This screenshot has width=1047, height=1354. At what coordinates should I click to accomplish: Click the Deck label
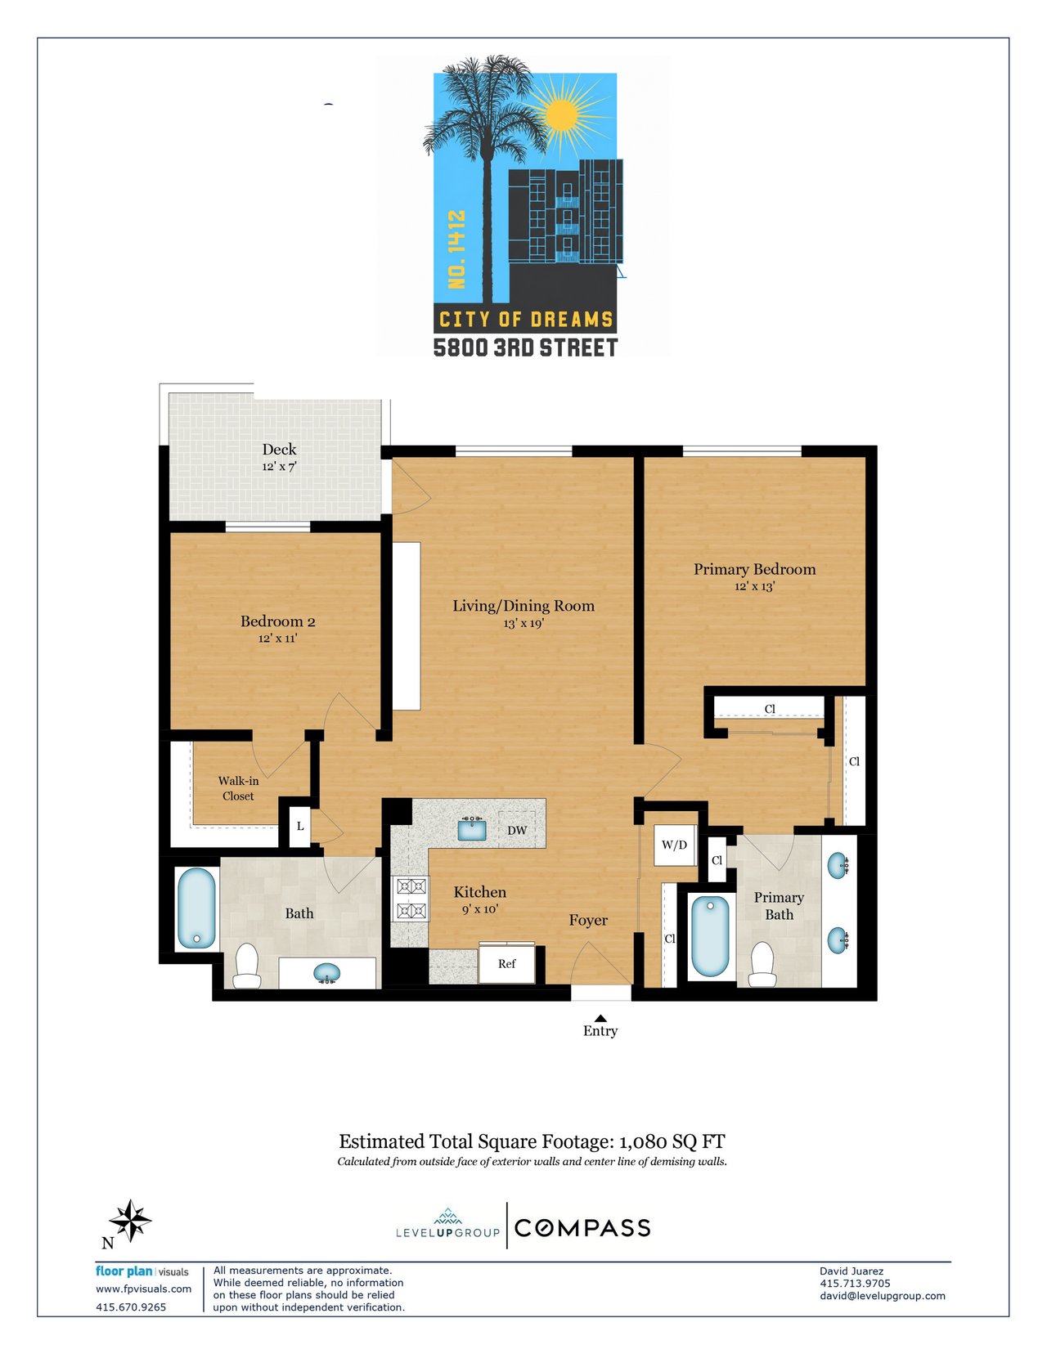pos(279,449)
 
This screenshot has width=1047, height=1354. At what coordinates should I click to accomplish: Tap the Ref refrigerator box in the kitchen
pos(506,964)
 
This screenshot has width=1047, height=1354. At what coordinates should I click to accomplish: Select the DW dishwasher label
pos(517,830)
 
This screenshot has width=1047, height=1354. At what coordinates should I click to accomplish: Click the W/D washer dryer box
pos(674,845)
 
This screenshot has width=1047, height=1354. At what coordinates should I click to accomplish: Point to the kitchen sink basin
pos(472,830)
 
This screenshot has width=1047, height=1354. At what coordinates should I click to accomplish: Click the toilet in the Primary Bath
pos(762,964)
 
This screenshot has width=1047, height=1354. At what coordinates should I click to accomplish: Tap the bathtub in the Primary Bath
pos(710,936)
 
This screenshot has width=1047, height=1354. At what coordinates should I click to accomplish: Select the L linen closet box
pos(299,827)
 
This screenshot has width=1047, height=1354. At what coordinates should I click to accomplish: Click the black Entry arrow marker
pos(600,1018)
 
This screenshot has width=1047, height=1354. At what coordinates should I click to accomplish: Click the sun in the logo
pos(561,114)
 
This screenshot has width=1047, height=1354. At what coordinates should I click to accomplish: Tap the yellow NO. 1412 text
pos(456,249)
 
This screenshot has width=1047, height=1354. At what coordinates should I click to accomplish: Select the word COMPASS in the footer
pos(582,1228)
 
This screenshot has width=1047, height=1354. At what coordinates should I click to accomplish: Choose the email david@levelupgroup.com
pos(883,1295)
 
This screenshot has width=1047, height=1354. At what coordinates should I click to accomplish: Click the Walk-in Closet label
pos(238,788)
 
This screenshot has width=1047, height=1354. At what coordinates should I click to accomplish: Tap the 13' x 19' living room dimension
pos(523,622)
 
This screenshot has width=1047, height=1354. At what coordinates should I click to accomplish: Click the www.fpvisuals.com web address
pos(143,1289)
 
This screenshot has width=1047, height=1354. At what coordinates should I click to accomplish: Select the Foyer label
pos(587,921)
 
